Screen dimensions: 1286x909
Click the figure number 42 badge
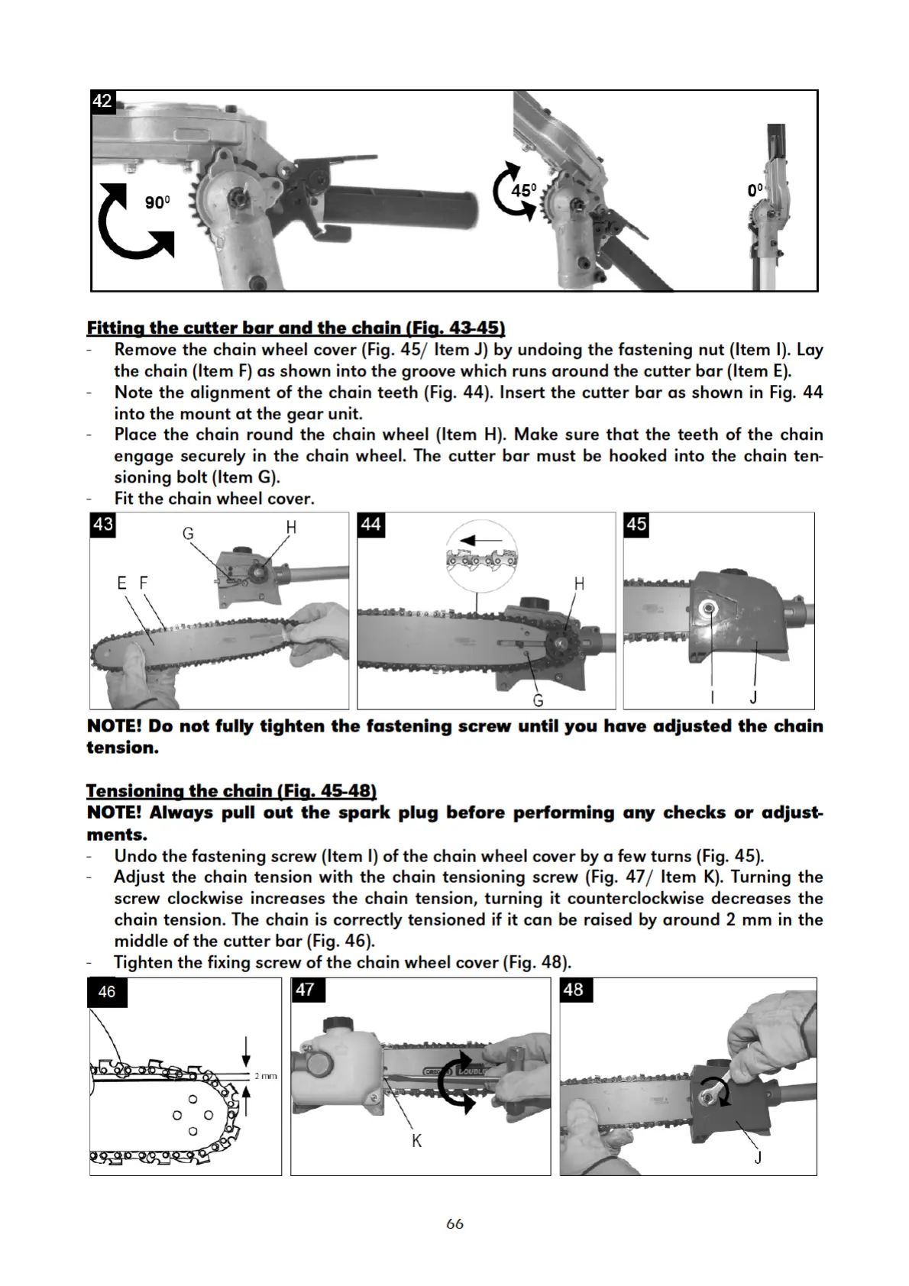[102, 101]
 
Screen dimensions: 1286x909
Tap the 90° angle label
[157, 202]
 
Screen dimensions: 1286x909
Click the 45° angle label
[524, 190]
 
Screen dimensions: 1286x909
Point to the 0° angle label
[755, 190]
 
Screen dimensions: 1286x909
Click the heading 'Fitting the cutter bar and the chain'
[296, 328]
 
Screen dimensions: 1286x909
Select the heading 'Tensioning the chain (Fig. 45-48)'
[231, 790]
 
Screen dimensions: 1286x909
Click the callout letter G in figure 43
[188, 533]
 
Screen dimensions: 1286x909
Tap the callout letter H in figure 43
[290, 527]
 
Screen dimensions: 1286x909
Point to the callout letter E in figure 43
[122, 583]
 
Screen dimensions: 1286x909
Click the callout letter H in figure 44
[578, 584]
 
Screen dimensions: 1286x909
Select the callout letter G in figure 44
[538, 700]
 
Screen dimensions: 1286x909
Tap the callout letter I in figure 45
[712, 697]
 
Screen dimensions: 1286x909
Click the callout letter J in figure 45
[753, 697]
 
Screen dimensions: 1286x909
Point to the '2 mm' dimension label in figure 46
[265, 1076]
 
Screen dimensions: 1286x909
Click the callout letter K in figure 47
[416, 1141]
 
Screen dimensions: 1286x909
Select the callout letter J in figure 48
[758, 1158]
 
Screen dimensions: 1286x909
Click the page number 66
[454, 1223]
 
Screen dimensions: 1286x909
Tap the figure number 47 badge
[305, 990]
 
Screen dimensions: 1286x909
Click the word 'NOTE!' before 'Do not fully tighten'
[115, 726]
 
